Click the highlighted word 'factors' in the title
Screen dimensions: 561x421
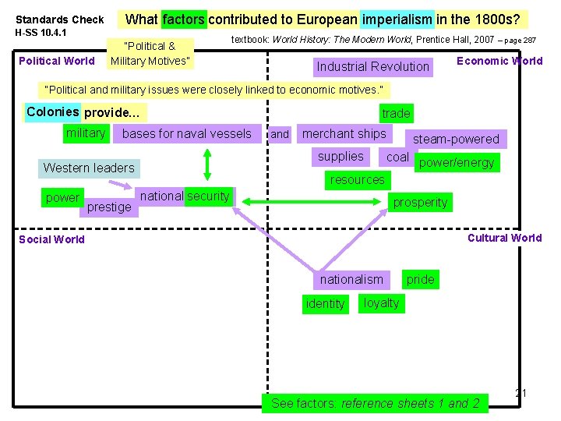coord(184,19)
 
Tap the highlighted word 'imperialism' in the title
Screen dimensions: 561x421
coord(397,19)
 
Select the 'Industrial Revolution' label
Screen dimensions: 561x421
coord(372,66)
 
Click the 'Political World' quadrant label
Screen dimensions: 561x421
coord(56,61)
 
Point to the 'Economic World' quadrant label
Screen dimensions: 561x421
coord(499,61)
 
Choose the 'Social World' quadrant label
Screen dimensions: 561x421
coord(51,239)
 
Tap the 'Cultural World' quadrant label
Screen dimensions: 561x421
coord(504,238)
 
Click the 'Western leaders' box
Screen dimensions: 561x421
coord(89,168)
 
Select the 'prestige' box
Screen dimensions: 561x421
coord(109,207)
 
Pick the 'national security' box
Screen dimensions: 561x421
coord(185,196)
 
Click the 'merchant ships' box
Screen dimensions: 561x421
coord(344,134)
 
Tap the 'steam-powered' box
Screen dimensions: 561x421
coord(456,139)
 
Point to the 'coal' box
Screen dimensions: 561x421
coord(397,157)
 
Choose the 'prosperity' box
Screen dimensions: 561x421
coord(420,202)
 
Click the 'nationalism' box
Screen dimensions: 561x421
coord(351,279)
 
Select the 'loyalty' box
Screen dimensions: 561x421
coord(381,302)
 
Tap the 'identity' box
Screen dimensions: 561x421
coord(325,303)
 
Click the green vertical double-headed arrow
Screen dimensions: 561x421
coord(207,164)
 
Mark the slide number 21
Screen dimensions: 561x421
coord(521,393)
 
